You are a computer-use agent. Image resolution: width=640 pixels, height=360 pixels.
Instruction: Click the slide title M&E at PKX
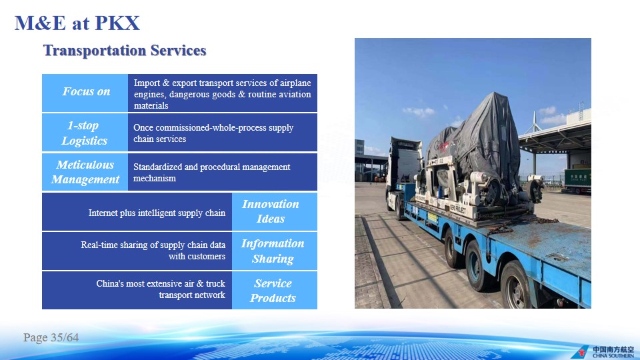pyautogui.click(x=77, y=23)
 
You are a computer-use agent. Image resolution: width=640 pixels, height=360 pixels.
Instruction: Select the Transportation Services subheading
pyautogui.click(x=125, y=51)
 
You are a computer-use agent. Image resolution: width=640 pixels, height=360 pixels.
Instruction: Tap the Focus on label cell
pyautogui.click(x=85, y=93)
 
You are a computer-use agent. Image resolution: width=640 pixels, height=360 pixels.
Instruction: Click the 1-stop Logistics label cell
pyautogui.click(x=85, y=133)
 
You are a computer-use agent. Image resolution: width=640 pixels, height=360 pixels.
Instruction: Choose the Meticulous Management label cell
pyautogui.click(x=85, y=172)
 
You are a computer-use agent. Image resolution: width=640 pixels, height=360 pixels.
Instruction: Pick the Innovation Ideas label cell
pyautogui.click(x=275, y=211)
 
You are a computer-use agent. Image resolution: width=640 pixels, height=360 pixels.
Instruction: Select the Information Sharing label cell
pyautogui.click(x=275, y=251)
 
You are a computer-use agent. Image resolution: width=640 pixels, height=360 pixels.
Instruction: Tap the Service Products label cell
pyautogui.click(x=275, y=290)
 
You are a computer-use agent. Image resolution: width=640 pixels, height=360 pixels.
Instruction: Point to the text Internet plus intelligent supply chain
pyautogui.click(x=157, y=213)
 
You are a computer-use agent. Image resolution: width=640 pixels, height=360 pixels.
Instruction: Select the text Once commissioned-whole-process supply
pyautogui.click(x=213, y=128)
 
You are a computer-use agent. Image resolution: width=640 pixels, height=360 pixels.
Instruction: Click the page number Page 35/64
pyautogui.click(x=51, y=337)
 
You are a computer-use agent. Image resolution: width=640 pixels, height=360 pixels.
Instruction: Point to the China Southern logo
pyautogui.click(x=603, y=352)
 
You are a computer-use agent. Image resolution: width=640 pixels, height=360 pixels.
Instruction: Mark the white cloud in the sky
pyautogui.click(x=419, y=111)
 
